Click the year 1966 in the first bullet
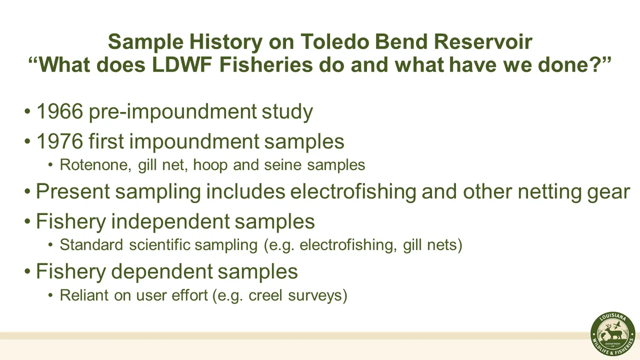pyautogui.click(x=60, y=111)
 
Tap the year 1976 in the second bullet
pyautogui.click(x=60, y=141)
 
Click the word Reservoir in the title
pyautogui.click(x=483, y=42)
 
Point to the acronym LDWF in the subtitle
pyautogui.click(x=182, y=65)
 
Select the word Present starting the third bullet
pyautogui.click(x=73, y=191)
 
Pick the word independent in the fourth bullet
pyautogui.click(x=170, y=221)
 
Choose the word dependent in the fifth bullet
pyautogui.click(x=162, y=271)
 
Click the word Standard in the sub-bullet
pyautogui.click(x=91, y=245)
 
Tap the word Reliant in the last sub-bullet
pyautogui.click(x=84, y=295)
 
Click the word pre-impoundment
pyautogui.click(x=173, y=112)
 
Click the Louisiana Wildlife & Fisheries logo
pyautogui.click(x=613, y=334)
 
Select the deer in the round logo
pyautogui.click(x=614, y=333)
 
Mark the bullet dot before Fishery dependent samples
pyautogui.click(x=27, y=271)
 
